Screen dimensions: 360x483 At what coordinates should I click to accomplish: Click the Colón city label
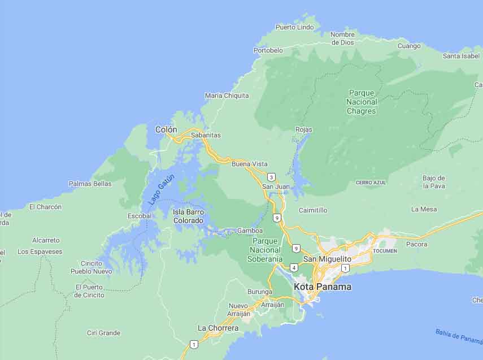(x=166, y=129)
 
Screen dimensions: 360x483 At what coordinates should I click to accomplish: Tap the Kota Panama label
(x=322, y=287)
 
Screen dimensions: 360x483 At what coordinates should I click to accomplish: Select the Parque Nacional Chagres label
(x=362, y=102)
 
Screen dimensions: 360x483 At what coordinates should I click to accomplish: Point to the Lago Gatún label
(x=162, y=189)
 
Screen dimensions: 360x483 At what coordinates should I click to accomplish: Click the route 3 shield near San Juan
(x=272, y=177)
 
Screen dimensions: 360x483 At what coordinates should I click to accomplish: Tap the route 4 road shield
(x=294, y=267)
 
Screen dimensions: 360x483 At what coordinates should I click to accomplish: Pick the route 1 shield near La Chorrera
(x=194, y=344)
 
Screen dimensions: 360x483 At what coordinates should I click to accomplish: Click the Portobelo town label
(x=268, y=50)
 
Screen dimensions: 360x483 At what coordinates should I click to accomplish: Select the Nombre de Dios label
(x=342, y=38)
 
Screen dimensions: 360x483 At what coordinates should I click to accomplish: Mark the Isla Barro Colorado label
(x=188, y=216)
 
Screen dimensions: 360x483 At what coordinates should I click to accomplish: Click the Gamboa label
(x=250, y=231)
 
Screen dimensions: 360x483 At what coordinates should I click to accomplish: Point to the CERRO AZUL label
(x=371, y=183)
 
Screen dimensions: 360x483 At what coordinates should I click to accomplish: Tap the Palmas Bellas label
(x=90, y=184)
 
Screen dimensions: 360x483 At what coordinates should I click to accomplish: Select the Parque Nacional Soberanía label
(x=264, y=250)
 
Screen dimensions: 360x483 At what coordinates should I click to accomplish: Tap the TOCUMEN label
(x=385, y=250)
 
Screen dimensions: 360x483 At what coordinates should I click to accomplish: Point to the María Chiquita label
(x=227, y=96)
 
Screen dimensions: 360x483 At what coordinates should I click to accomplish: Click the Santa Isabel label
(x=461, y=56)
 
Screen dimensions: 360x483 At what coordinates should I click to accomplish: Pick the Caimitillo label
(x=313, y=210)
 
